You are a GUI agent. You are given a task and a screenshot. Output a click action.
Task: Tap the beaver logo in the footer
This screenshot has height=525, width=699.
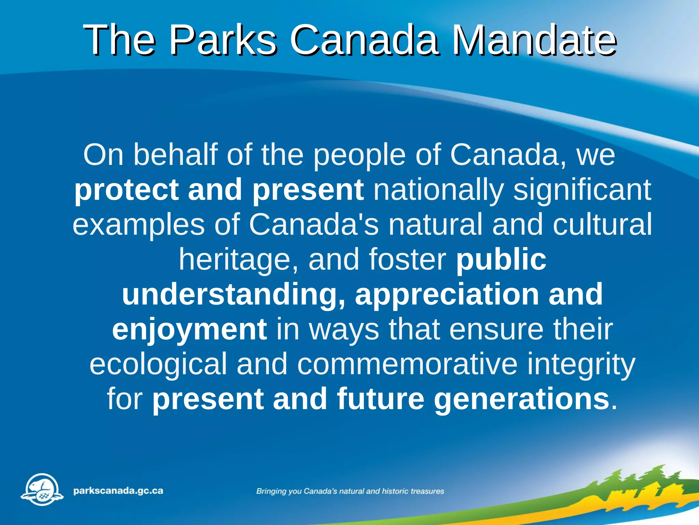[x=42, y=489]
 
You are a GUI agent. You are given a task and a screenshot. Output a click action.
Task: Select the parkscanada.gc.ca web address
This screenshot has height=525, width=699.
[x=118, y=491]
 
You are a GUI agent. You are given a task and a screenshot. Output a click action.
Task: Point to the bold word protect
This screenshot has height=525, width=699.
[x=126, y=190]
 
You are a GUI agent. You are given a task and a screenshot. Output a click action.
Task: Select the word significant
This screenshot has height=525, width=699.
[x=582, y=190]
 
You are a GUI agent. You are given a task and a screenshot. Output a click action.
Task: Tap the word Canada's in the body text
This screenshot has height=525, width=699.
[x=314, y=225]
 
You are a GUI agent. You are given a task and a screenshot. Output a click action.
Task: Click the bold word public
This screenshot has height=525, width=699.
[x=501, y=260]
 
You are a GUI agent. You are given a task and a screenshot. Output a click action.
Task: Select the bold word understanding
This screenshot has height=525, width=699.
[x=233, y=295]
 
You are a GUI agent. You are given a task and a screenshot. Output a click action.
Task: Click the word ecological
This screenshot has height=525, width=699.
[x=158, y=364]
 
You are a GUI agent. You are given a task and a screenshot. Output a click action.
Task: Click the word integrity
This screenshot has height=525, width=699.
[x=581, y=364]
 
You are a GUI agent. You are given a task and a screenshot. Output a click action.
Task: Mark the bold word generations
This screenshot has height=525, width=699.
[x=522, y=399]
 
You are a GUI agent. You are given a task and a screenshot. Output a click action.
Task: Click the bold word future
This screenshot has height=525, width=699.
[x=380, y=399]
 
